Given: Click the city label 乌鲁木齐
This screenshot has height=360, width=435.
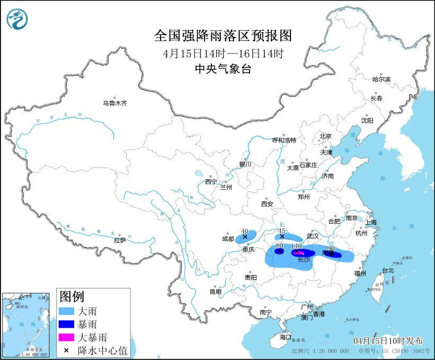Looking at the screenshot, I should (115, 103).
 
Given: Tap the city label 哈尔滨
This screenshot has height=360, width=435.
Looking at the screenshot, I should (381, 80).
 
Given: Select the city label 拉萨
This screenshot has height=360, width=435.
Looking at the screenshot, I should (120, 240).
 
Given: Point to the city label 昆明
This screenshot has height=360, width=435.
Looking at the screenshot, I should (215, 291).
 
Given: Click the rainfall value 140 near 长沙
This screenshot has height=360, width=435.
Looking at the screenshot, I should (296, 246).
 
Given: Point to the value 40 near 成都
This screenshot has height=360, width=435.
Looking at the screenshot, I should (245, 231).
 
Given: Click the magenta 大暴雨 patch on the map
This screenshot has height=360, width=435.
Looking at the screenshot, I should (298, 253).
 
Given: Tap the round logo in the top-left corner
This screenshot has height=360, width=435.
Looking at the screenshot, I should (17, 19).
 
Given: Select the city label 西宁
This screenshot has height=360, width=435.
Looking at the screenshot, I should (211, 182).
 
